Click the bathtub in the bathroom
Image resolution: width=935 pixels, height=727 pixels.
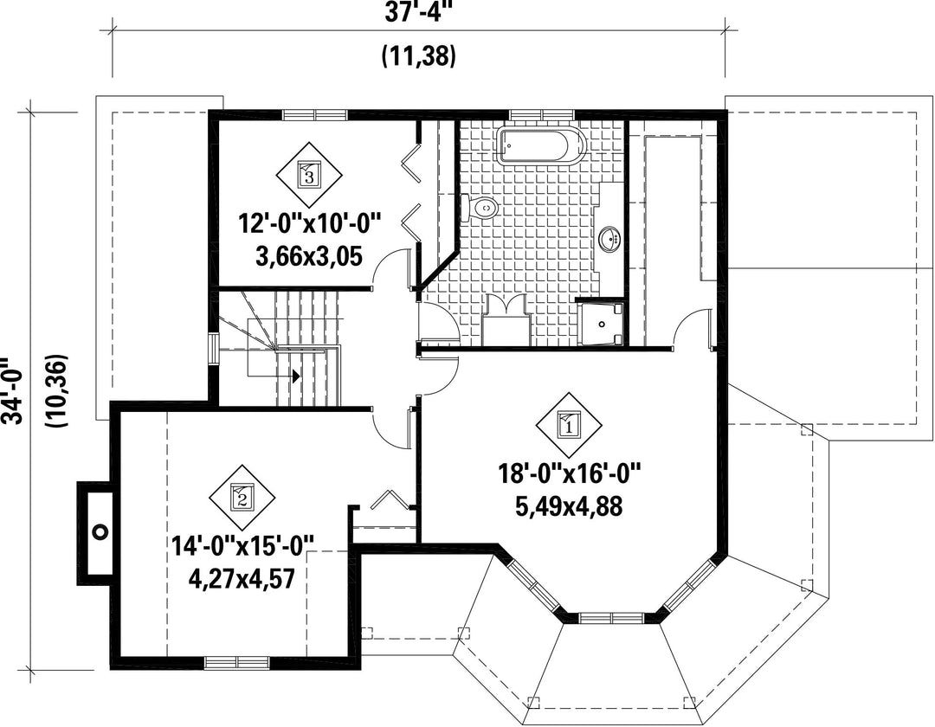pyautogui.click(x=541, y=144)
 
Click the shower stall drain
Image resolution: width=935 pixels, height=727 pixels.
pyautogui.click(x=602, y=325)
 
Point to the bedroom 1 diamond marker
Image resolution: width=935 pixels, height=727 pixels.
pyautogui.click(x=568, y=425)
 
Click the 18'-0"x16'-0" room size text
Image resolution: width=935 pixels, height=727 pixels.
pyautogui.click(x=569, y=475)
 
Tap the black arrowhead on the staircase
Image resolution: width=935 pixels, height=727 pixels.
pyautogui.click(x=295, y=376)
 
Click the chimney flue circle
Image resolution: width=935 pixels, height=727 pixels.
pyautogui.click(x=100, y=531)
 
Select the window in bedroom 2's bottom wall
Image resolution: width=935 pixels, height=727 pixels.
pyautogui.click(x=236, y=661)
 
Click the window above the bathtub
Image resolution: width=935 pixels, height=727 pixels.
pyautogui.click(x=541, y=114)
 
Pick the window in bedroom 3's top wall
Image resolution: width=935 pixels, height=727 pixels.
pyautogui.click(x=315, y=114)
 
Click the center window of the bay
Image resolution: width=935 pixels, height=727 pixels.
pyautogui.click(x=612, y=617)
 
